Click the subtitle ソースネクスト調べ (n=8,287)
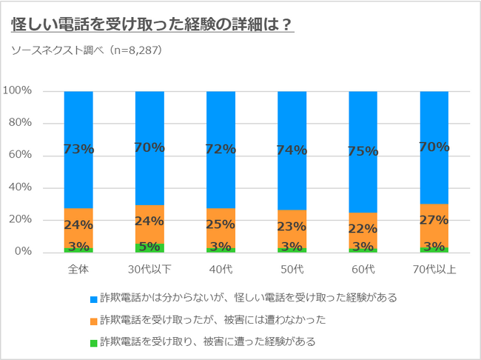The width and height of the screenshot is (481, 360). click(87, 50)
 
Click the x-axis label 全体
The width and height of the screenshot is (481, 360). click(78, 268)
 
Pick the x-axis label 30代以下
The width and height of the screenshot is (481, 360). click(149, 268)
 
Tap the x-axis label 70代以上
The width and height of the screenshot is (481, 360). click(434, 268)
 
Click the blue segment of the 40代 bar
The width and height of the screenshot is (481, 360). click(221, 119)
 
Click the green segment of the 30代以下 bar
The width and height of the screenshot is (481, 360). click(149, 248)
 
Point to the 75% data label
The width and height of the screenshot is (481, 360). click(363, 151)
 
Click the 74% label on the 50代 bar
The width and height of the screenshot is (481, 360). click(292, 150)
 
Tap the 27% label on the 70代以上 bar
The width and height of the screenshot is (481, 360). click(434, 221)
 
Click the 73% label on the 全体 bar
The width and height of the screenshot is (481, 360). click(78, 150)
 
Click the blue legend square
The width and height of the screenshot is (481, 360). click(93, 298)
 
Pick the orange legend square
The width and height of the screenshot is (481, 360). click(93, 319)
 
